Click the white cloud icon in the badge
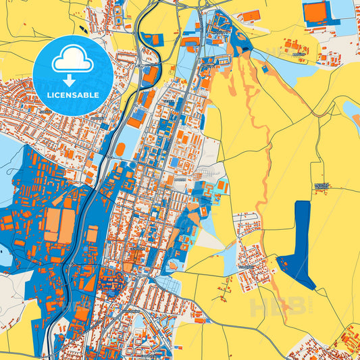(x=72, y=59)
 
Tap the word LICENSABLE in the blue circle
(x=72, y=94)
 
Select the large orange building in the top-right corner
(x=313, y=13)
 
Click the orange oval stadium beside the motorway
(x=120, y=149)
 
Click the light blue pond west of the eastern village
(x=230, y=268)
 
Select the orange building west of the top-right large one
(x=251, y=14)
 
